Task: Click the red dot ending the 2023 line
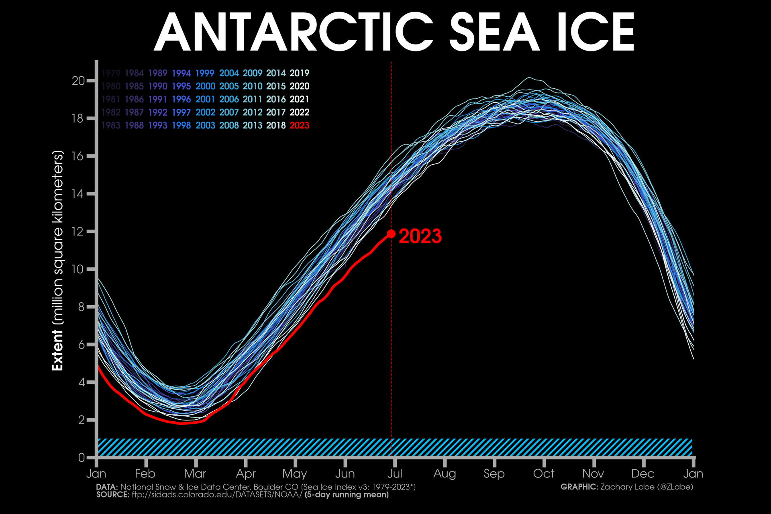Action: click(391, 233)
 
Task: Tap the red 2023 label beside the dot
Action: click(420, 236)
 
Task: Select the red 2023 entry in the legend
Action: click(300, 125)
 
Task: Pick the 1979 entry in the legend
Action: click(111, 73)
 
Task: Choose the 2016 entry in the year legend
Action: click(276, 99)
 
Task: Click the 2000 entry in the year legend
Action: click(205, 86)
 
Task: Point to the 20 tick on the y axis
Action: click(79, 81)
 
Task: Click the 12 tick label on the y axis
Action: click(79, 232)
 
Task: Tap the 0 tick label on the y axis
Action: click(82, 457)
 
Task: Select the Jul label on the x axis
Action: click(395, 474)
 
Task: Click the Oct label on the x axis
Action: click(544, 474)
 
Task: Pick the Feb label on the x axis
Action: click(145, 474)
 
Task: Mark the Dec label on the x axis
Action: click(643, 474)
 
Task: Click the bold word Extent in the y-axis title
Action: click(58, 350)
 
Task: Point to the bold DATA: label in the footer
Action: click(107, 487)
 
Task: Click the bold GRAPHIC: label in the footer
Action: click(579, 487)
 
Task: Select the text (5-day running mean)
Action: click(347, 495)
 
